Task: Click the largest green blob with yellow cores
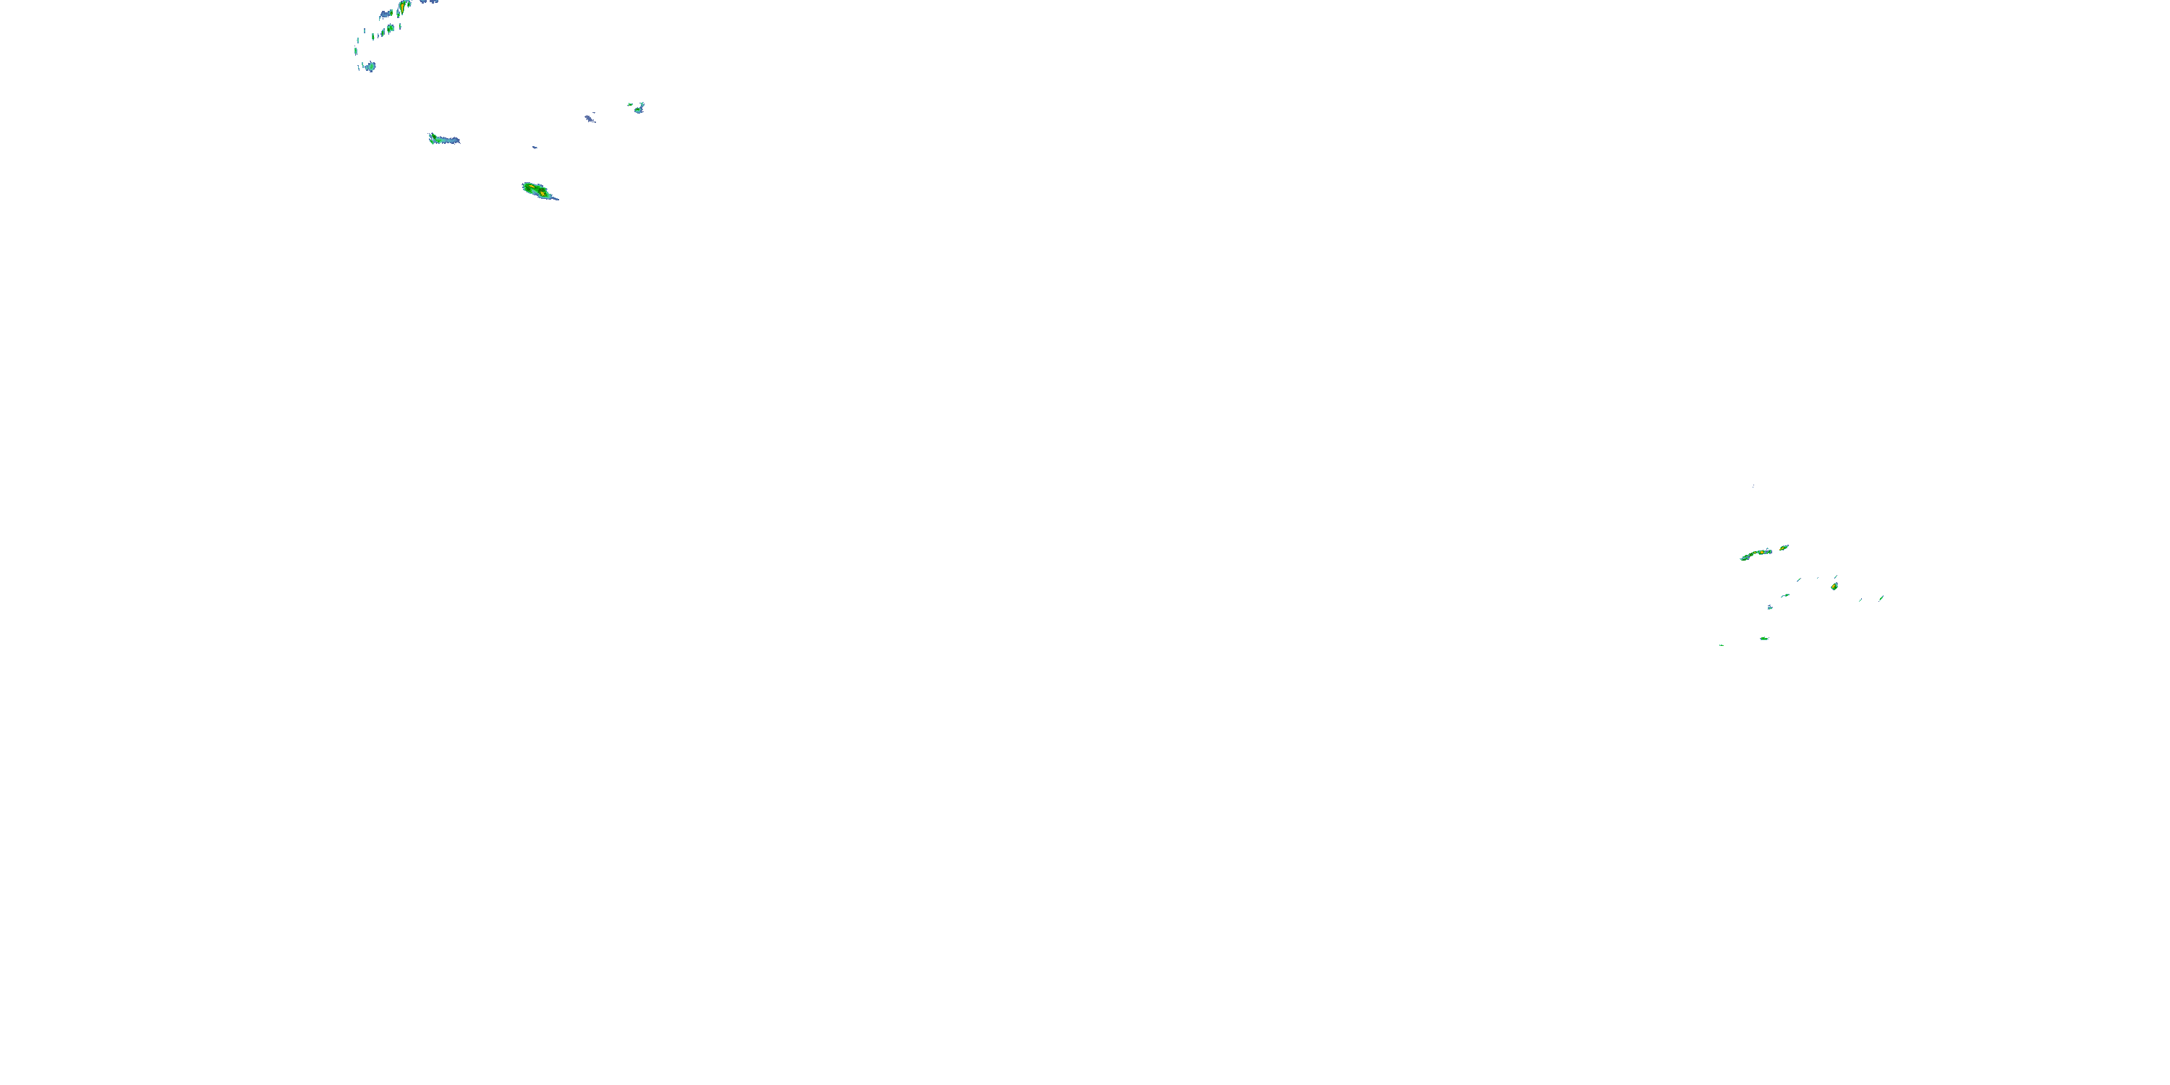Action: (536, 190)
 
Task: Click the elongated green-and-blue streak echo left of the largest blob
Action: (443, 139)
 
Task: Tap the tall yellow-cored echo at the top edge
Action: (404, 7)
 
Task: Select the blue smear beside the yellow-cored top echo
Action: (386, 14)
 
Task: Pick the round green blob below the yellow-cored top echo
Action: (389, 30)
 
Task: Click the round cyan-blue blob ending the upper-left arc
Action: (370, 67)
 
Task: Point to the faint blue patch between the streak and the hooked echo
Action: (590, 119)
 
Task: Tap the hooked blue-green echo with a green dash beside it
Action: (639, 108)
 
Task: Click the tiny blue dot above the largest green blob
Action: (534, 147)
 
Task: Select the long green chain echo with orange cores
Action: (1756, 554)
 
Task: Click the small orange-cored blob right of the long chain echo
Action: (1783, 548)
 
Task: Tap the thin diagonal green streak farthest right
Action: (1881, 598)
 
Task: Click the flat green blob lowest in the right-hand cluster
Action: (1764, 639)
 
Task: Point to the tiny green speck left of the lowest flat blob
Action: (1721, 645)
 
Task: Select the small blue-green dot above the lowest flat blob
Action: (1770, 607)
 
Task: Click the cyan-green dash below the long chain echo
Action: (1785, 595)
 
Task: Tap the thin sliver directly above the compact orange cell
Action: (1836, 577)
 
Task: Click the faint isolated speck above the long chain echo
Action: (1753, 485)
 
